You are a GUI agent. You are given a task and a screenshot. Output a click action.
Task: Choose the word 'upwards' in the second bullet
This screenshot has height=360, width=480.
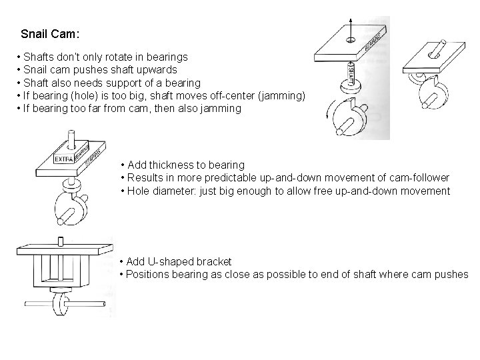pyautogui.click(x=159, y=70)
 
